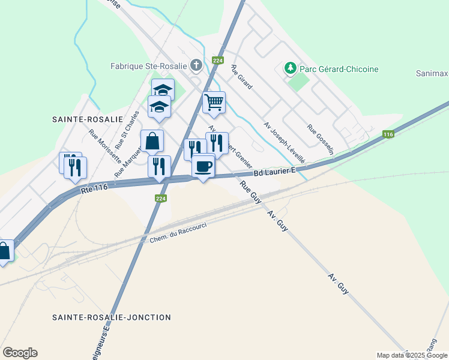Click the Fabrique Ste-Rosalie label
click(149, 65)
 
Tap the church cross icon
click(196, 65)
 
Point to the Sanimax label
click(432, 74)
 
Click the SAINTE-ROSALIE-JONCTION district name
click(112, 317)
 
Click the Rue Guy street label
click(250, 192)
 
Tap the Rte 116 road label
click(93, 188)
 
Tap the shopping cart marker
click(214, 103)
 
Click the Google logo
click(20, 353)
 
